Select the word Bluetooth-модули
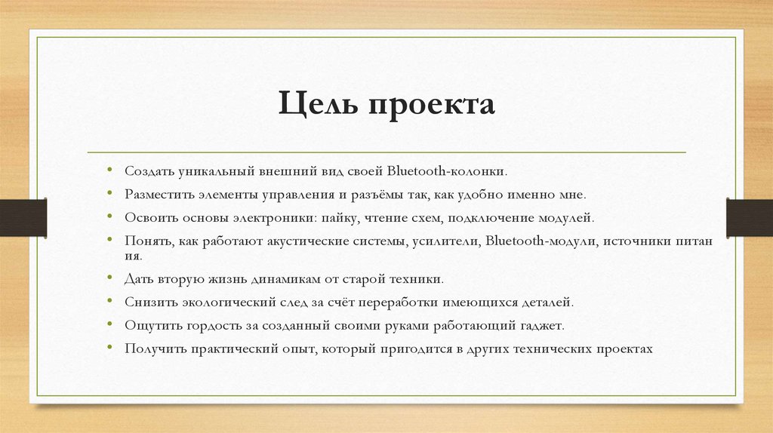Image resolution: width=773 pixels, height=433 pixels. [537, 242]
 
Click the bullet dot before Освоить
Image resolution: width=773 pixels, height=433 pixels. [110, 217]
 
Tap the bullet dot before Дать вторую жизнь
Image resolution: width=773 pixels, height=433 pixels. [110, 278]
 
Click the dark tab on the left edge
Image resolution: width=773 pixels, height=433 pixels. [23, 216]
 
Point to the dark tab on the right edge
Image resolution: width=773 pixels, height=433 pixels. [750, 216]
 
